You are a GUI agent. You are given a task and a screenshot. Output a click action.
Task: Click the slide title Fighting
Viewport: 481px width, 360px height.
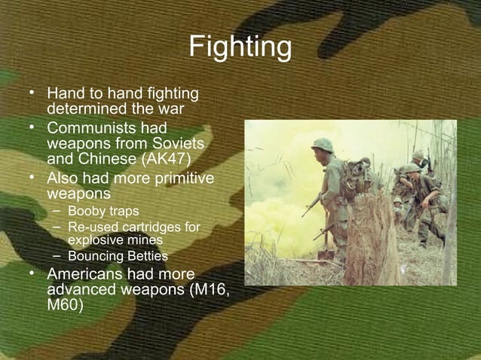click(x=240, y=47)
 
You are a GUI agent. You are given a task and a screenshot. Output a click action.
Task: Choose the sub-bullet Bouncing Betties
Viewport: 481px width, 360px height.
click(x=117, y=257)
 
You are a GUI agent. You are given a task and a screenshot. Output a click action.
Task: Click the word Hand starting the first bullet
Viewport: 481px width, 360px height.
click(x=65, y=94)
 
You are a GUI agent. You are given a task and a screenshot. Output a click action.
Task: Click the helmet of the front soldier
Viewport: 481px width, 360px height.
click(x=323, y=145)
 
